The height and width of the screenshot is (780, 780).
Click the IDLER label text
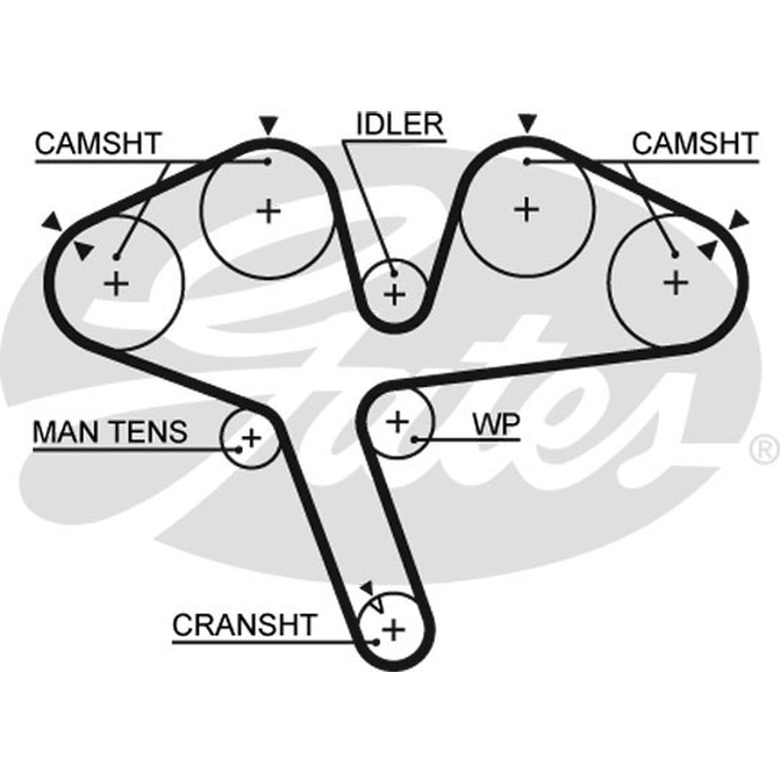(x=400, y=125)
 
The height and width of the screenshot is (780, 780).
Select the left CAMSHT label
(x=98, y=143)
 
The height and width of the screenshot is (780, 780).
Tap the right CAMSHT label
(x=695, y=143)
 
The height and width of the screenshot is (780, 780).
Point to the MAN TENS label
(x=110, y=432)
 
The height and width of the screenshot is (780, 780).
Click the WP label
(x=496, y=424)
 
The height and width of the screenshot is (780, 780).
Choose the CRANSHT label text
(x=245, y=625)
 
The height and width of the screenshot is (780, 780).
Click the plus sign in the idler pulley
(x=395, y=294)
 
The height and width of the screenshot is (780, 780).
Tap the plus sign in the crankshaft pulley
(x=394, y=630)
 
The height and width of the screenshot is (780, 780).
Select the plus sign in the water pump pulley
(x=398, y=422)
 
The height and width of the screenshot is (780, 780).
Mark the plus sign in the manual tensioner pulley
(x=252, y=438)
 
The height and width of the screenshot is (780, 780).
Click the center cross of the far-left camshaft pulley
(x=117, y=284)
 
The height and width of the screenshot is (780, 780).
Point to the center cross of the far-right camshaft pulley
(x=676, y=283)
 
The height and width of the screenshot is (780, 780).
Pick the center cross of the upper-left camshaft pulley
(x=269, y=212)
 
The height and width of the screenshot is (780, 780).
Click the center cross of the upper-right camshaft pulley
(x=526, y=210)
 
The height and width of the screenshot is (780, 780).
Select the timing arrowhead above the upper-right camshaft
(x=527, y=124)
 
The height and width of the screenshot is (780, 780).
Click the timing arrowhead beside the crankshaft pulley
(x=368, y=588)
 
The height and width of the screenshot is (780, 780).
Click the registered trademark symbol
(x=764, y=449)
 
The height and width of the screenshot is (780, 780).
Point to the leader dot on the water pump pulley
(x=413, y=440)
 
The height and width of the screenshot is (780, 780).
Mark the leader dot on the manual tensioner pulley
(x=239, y=449)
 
